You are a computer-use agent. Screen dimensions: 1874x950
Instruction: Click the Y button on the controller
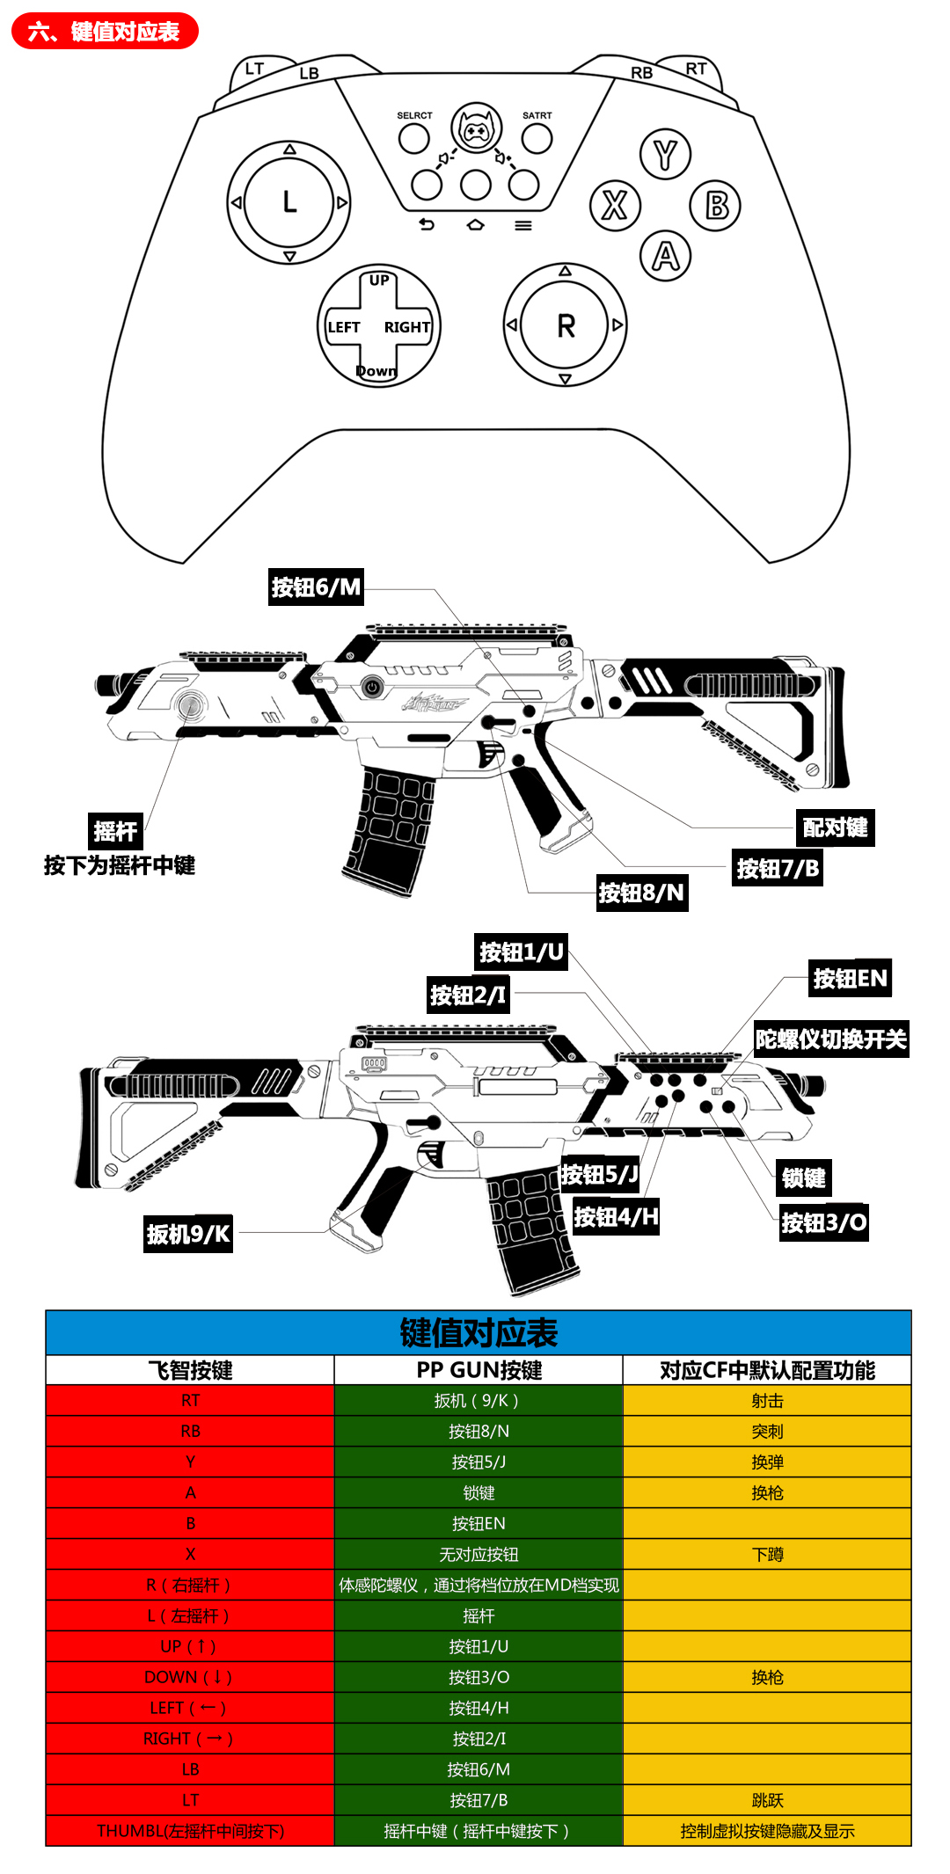click(665, 154)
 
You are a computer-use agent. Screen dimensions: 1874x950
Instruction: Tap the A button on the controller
click(666, 256)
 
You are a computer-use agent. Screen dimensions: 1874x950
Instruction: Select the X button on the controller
click(614, 206)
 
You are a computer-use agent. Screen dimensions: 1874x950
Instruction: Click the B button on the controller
click(716, 206)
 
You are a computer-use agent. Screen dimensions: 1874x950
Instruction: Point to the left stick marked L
click(289, 202)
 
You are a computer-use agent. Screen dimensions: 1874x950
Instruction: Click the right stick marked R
click(565, 325)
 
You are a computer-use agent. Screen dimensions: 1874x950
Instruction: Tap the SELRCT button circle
click(413, 138)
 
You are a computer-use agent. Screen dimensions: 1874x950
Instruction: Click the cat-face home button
click(476, 129)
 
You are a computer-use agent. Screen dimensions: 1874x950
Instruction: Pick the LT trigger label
click(254, 69)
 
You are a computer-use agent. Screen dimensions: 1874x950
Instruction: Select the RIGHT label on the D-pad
click(406, 327)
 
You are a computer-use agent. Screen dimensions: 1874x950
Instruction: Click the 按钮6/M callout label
click(316, 587)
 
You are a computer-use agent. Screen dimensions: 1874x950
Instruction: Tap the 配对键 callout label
click(835, 828)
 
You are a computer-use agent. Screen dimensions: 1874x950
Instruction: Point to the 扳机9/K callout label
click(188, 1234)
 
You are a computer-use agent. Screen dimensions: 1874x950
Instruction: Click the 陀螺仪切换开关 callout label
click(830, 1039)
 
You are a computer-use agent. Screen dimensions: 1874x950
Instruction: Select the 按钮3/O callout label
click(824, 1222)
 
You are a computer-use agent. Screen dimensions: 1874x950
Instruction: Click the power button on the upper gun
click(372, 687)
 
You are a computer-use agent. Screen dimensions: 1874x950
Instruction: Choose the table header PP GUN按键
click(479, 1370)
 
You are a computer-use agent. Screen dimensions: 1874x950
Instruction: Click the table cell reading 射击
click(767, 1401)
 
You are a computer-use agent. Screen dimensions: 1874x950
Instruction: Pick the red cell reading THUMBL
click(190, 1831)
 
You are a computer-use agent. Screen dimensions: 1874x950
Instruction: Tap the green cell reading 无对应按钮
click(479, 1555)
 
